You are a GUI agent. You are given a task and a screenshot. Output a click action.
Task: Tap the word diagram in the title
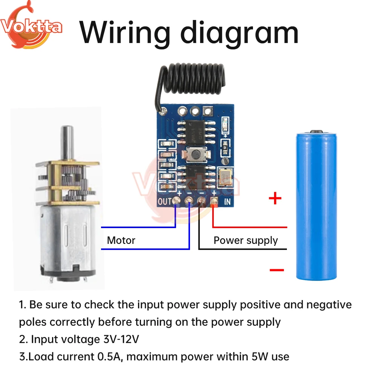tap(239, 33)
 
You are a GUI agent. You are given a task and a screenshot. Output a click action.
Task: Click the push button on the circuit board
tap(195, 154)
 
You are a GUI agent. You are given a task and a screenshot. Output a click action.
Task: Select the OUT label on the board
tap(165, 201)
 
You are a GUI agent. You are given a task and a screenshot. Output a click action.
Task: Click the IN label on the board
tap(227, 201)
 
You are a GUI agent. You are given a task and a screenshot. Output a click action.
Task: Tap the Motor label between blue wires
tap(121, 240)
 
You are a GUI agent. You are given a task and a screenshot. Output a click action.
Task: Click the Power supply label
tap(245, 240)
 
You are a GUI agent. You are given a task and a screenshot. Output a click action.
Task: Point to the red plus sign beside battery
tap(275, 198)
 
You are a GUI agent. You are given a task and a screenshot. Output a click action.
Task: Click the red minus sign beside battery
tap(277, 270)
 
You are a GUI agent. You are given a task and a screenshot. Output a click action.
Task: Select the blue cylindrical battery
tap(316, 205)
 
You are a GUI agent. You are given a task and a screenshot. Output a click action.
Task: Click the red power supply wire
tap(249, 227)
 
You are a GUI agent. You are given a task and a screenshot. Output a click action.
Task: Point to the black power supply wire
tap(241, 249)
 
